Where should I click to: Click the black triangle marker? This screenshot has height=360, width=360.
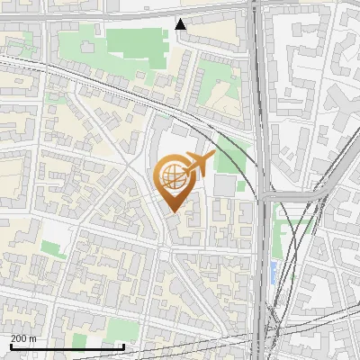(182, 24)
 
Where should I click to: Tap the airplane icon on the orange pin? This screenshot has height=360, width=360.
(198, 163)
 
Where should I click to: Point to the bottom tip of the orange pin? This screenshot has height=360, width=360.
(172, 211)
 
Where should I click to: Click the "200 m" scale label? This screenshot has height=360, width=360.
(22, 337)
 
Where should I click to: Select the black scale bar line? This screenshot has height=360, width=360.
(67, 346)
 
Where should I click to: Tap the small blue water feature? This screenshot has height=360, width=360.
(274, 271)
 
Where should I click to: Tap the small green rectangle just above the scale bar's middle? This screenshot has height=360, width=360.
(79, 339)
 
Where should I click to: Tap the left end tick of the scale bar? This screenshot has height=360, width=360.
(10, 345)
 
